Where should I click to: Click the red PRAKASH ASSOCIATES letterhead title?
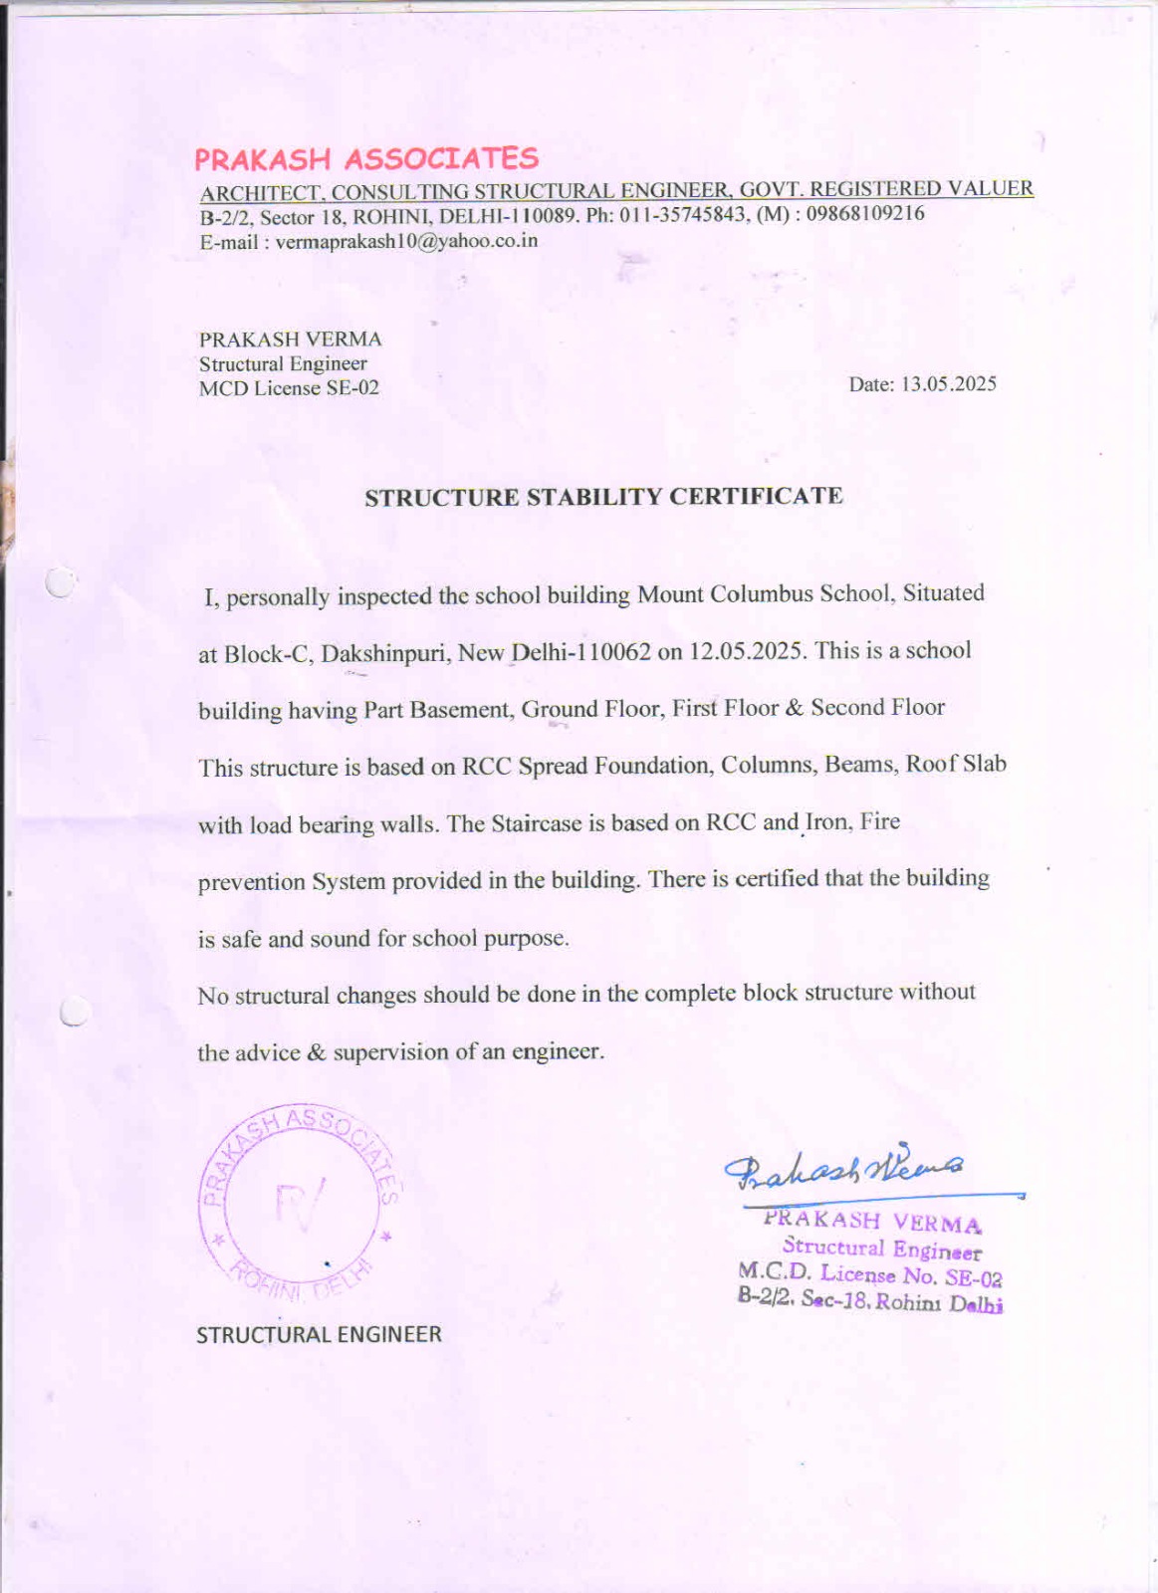tap(365, 159)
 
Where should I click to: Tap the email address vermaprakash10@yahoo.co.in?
tap(406, 241)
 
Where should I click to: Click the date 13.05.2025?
tap(948, 384)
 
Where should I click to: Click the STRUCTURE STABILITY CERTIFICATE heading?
tap(603, 496)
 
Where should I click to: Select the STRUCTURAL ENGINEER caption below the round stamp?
tap(319, 1334)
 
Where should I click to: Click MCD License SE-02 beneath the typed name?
tap(289, 388)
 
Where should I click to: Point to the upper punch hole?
tap(61, 581)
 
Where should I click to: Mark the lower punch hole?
tap(74, 1012)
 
